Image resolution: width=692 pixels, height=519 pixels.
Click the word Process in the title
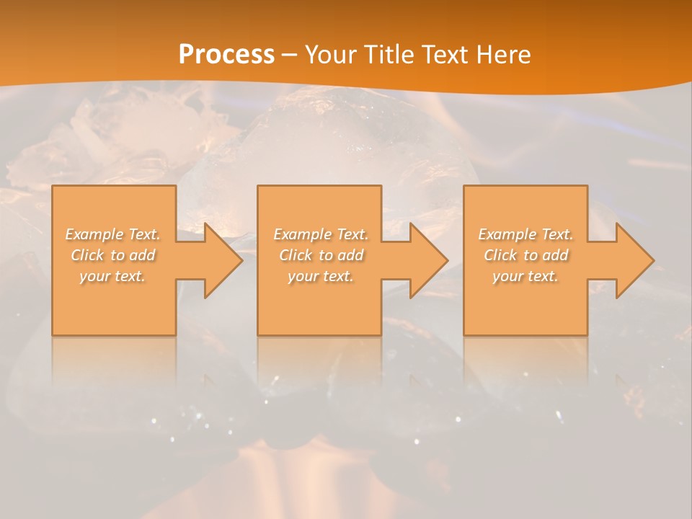[x=226, y=55]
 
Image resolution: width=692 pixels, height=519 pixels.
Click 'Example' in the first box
[x=94, y=234]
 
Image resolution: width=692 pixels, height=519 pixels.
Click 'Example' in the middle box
[x=302, y=234]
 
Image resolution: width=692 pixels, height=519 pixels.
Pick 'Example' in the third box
[x=507, y=234]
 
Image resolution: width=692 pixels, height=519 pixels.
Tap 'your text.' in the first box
[x=112, y=277]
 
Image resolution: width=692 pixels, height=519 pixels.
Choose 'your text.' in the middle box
[x=320, y=277]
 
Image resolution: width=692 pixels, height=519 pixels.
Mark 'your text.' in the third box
[x=525, y=277]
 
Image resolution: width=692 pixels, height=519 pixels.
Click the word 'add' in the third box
[x=555, y=255]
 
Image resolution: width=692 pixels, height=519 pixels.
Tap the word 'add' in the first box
[x=142, y=255]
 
